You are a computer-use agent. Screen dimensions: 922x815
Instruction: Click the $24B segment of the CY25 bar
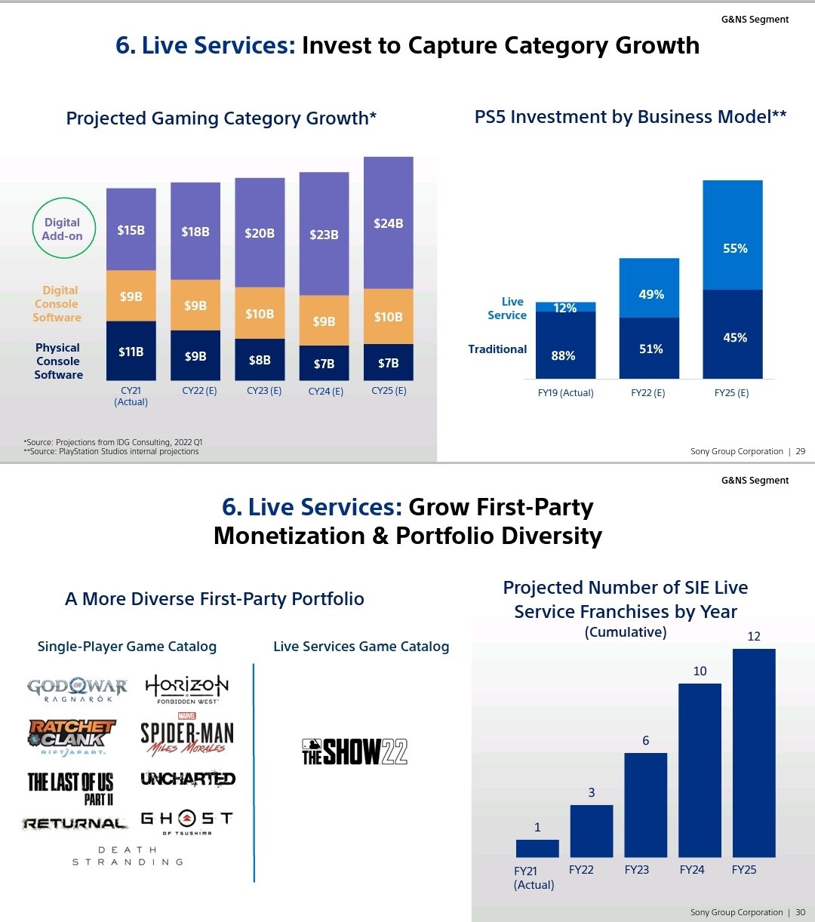[x=388, y=223]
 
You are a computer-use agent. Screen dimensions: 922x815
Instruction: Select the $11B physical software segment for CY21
[x=131, y=351]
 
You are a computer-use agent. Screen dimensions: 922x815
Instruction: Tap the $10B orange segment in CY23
[x=260, y=313]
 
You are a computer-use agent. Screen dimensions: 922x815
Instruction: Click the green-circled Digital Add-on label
[x=62, y=229]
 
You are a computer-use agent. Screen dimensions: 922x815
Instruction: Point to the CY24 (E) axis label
[x=325, y=392]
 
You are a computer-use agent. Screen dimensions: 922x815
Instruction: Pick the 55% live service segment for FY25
[x=732, y=235]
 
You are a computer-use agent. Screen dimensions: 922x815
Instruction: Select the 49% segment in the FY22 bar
[x=649, y=288]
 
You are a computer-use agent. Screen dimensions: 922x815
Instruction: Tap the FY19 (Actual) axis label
[x=565, y=393]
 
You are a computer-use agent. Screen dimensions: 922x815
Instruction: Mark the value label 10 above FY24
[x=700, y=671]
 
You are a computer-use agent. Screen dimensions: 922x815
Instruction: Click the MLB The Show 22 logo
[x=355, y=751]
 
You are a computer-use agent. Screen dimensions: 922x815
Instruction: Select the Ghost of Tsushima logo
[x=187, y=822]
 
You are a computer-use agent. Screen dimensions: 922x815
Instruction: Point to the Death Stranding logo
[x=128, y=856]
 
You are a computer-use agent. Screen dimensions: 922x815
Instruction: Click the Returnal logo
[x=74, y=823]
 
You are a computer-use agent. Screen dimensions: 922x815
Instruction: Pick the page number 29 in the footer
[x=801, y=451]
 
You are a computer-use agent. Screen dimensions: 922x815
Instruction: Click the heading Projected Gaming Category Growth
[x=221, y=118]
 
